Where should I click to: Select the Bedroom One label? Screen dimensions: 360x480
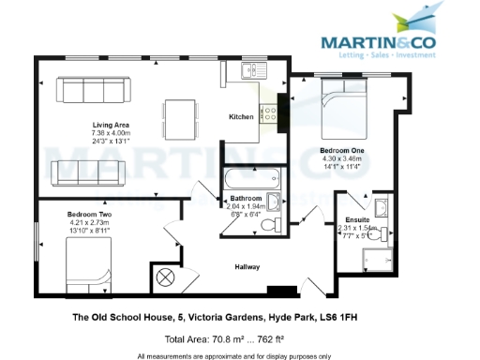point(341,150)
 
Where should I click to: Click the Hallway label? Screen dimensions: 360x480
point(247,267)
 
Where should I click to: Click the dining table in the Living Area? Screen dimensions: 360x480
point(179,119)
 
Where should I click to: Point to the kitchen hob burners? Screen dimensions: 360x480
point(269,115)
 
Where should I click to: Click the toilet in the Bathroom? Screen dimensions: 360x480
point(269,225)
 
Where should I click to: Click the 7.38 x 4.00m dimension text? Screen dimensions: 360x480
point(110,134)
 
